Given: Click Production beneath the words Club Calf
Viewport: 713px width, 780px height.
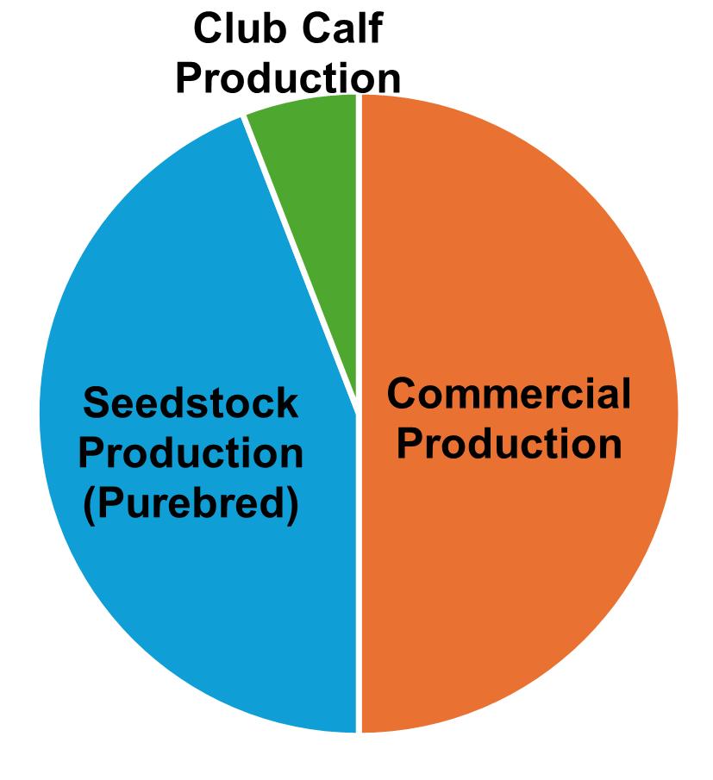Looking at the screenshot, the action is pos(288,78).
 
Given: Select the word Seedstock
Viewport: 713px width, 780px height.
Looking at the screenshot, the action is pos(191,403).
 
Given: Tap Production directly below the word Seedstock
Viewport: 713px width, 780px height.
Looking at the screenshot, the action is pos(191,454).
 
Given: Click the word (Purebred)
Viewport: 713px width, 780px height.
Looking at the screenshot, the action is pos(191,505).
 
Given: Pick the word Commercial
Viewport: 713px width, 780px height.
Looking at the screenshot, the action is pos(509,395).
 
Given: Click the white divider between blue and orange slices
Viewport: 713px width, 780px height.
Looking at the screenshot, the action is pos(359,586).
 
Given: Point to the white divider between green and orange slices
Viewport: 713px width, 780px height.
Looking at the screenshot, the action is pos(359,241).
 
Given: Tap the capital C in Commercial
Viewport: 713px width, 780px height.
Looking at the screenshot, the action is pos(402,395).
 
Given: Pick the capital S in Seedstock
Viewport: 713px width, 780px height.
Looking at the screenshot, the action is pos(97,403).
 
